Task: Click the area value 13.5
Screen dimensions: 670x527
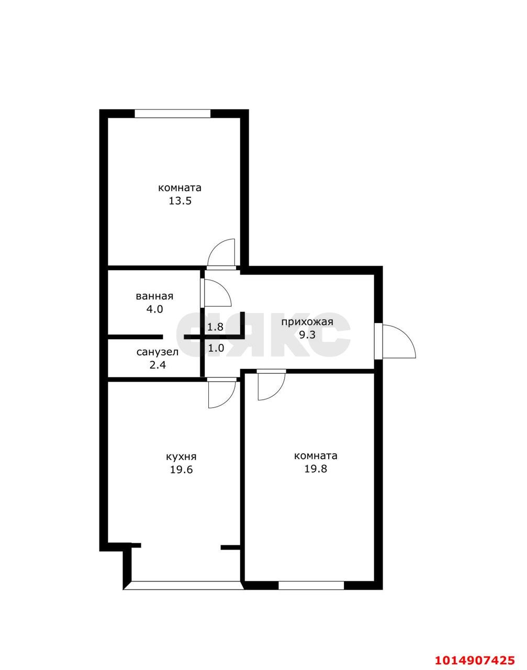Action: pos(180,201)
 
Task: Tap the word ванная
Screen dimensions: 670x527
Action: pos(154,296)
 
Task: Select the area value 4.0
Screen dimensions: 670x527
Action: pos(154,309)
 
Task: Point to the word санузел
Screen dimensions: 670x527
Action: pos(158,352)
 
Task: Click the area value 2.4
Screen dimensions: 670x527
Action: pos(158,365)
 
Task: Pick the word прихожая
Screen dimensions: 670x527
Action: pos(307,322)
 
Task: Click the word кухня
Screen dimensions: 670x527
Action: pos(181,456)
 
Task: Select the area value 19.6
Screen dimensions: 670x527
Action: pos(181,470)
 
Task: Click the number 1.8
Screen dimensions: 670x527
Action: pos(215,327)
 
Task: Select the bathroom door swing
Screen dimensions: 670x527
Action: pos(216,293)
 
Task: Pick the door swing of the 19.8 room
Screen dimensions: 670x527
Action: pos(271,386)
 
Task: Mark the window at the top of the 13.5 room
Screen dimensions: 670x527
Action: pos(172,113)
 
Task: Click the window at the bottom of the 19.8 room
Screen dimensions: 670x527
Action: pos(311,585)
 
